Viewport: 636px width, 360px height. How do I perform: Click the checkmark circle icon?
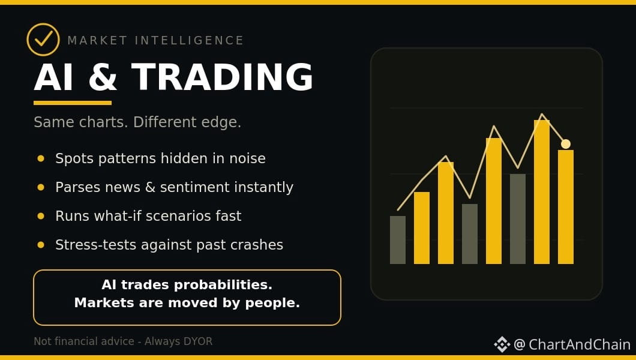pos(43,40)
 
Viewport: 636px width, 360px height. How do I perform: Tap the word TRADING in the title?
pos(222,77)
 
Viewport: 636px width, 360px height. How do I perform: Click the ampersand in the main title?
pos(103,77)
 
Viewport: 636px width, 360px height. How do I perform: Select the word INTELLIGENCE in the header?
pos(189,41)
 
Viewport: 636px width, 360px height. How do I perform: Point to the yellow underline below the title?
pos(73,103)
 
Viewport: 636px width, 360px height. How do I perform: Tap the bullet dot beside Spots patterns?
pos(41,158)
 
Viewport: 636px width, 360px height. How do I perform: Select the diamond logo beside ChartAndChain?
pos(502,344)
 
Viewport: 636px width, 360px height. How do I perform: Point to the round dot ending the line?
pos(566,144)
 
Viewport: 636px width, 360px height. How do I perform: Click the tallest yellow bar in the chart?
pos(541,192)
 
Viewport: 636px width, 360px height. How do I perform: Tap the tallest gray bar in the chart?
pos(518,219)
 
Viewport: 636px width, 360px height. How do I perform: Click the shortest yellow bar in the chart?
pos(421,228)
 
